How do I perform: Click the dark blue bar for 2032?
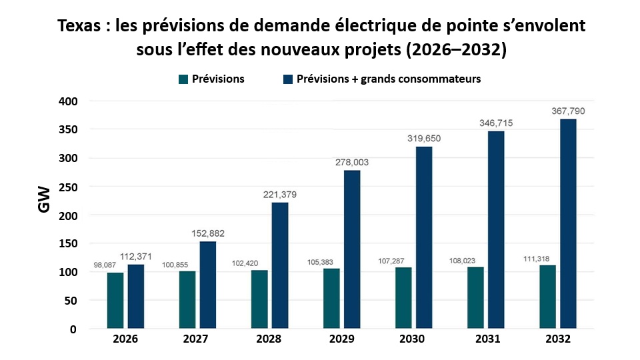568,224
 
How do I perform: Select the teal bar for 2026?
115,301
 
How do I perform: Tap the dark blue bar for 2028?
280,265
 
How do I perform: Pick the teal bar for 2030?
403,298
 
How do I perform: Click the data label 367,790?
567,111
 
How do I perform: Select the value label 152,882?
207,233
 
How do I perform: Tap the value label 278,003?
351,162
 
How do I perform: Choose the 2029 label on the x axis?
341,339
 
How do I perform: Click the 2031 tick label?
485,339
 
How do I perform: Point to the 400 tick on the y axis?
69,101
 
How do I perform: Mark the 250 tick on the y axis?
69,187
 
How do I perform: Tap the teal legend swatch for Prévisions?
182,79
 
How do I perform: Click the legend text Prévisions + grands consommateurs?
389,79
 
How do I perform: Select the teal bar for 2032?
547,297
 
